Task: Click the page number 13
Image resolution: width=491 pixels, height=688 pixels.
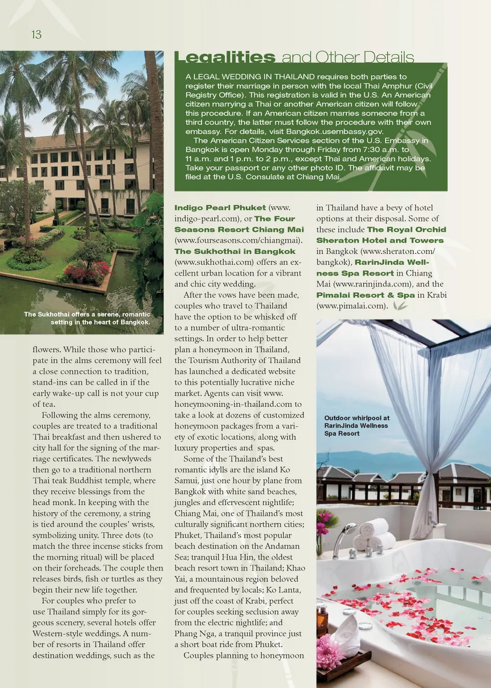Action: click(x=36, y=34)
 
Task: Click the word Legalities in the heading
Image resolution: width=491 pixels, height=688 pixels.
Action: click(x=225, y=57)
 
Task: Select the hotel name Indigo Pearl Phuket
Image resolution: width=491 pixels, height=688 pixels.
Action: click(x=220, y=208)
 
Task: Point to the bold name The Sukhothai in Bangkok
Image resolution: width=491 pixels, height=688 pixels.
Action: click(x=235, y=251)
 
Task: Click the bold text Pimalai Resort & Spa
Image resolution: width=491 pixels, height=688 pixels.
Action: click(x=365, y=295)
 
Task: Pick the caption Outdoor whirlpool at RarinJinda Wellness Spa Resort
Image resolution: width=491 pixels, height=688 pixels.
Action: click(x=356, y=426)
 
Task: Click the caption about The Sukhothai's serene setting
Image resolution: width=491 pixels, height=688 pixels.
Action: click(x=87, y=318)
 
